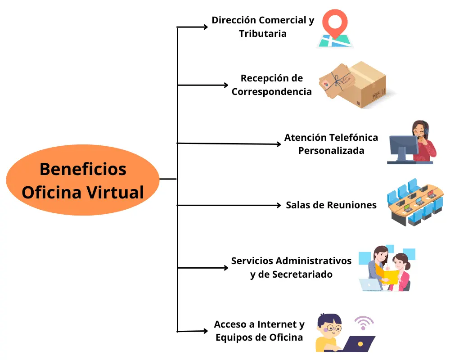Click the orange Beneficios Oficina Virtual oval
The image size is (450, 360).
pyautogui.click(x=83, y=180)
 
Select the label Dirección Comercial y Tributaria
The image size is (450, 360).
pyautogui.click(x=263, y=27)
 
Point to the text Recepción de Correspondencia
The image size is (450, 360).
pyautogui.click(x=271, y=85)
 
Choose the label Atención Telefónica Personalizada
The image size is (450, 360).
pyautogui.click(x=331, y=144)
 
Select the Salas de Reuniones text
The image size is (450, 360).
pyautogui.click(x=331, y=205)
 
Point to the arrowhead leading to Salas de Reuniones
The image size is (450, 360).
pyautogui.click(x=278, y=205)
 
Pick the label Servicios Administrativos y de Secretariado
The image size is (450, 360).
pyautogui.click(x=291, y=267)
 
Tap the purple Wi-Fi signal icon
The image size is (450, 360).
pyautogui.click(x=364, y=322)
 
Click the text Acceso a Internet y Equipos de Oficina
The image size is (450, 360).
pyautogui.click(x=259, y=331)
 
